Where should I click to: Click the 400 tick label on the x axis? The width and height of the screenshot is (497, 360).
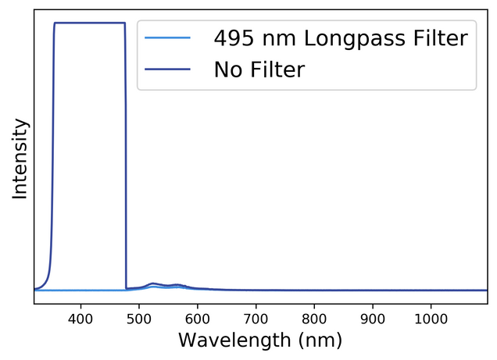click(80, 319)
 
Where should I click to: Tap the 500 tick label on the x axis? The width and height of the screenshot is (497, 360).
click(139, 319)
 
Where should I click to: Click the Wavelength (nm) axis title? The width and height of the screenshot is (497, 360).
click(260, 340)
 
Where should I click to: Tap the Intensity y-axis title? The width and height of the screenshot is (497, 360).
click(20, 159)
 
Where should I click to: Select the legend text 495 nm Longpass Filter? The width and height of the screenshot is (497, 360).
click(341, 37)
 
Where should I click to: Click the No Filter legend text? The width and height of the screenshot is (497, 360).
click(259, 70)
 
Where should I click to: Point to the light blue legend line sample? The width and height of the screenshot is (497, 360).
click(168, 37)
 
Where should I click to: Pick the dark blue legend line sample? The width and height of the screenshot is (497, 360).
click(168, 70)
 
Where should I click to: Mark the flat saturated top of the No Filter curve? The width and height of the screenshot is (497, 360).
click(89, 23)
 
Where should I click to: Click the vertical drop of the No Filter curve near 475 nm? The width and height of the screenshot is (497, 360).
click(126, 156)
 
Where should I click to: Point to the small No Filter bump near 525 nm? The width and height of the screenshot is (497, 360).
click(153, 283)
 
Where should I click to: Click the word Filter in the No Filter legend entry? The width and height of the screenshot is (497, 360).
click(278, 70)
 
